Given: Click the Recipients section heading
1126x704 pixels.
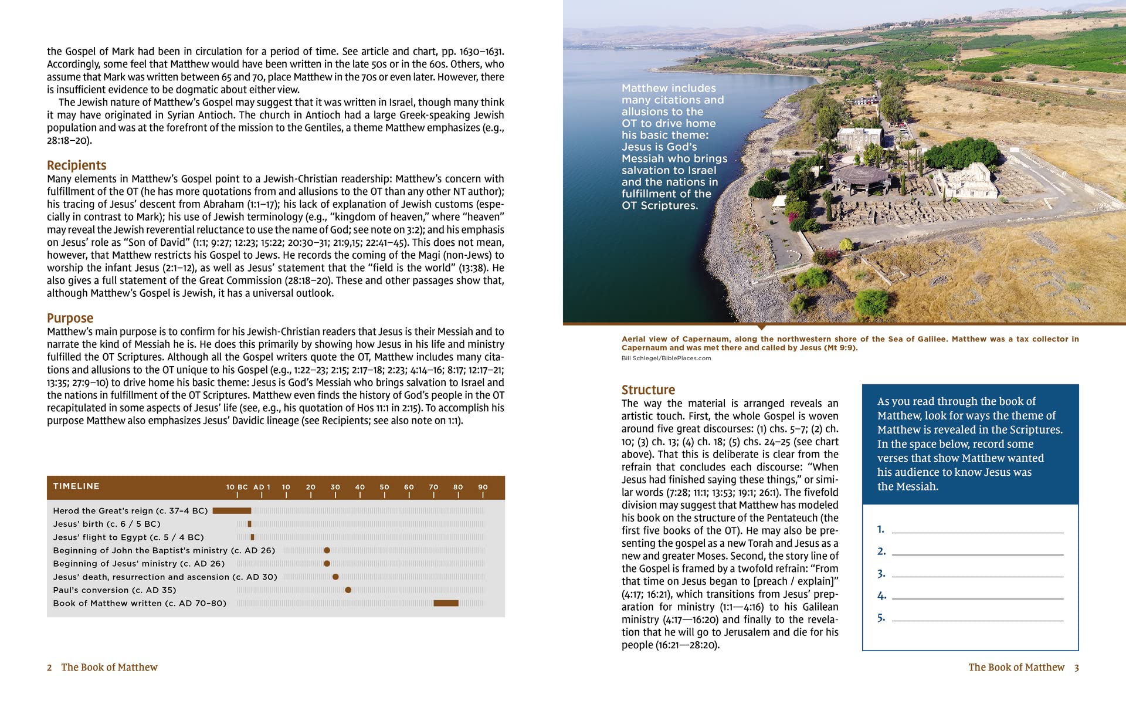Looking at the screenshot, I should tap(76, 165).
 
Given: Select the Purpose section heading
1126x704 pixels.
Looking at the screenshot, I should tap(70, 318).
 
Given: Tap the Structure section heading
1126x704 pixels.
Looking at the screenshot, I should tap(648, 390).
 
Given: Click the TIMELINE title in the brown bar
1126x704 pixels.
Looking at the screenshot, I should tap(76, 486).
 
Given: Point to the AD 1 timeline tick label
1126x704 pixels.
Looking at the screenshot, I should tap(262, 487).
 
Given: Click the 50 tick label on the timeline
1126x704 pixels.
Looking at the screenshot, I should tap(384, 487).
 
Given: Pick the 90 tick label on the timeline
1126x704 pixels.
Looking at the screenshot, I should tap(483, 487).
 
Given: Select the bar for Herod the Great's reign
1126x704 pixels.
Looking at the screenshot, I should tap(232, 511).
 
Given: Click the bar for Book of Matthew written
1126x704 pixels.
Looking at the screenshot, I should tap(446, 603).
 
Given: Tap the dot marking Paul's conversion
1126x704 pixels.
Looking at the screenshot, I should tap(348, 590).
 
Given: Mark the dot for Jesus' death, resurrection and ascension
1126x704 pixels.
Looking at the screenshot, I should tap(335, 577).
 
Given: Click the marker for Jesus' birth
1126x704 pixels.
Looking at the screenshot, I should tap(250, 524).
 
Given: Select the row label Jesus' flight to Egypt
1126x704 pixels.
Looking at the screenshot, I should tap(128, 537).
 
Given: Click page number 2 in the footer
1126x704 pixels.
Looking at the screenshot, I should tap(49, 668).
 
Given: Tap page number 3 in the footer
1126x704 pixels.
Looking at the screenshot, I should tap(1076, 668).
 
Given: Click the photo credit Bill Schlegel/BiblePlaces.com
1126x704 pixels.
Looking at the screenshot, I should tap(666, 358).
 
